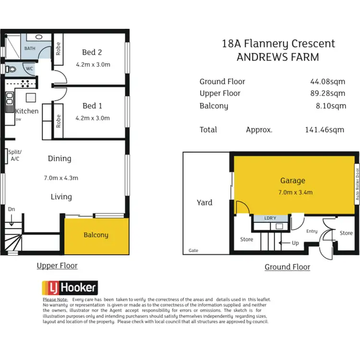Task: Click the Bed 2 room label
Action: tap(92, 52)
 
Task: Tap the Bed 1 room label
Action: tap(92, 106)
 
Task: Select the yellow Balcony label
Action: tap(96, 235)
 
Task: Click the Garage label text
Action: tap(292, 181)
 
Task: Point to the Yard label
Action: tap(204, 203)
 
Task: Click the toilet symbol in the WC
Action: tap(11, 69)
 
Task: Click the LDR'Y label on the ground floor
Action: tap(270, 218)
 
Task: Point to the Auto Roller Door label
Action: tap(357, 184)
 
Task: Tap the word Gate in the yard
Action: tap(193, 251)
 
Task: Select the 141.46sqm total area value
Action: tap(324, 130)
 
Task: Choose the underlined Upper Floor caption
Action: tap(57, 265)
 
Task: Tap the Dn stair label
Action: tap(11, 209)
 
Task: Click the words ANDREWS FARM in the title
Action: tap(278, 58)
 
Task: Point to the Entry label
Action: tap(312, 231)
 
